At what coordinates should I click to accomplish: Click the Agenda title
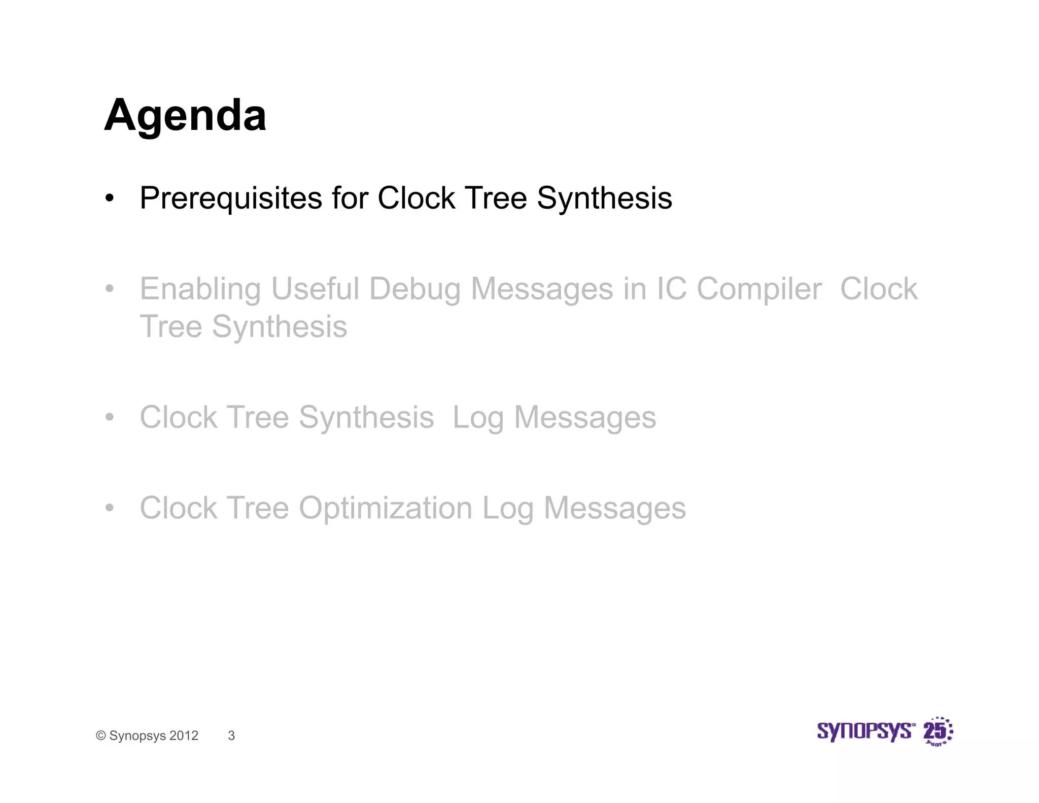[x=185, y=116]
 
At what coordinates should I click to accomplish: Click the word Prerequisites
[x=231, y=198]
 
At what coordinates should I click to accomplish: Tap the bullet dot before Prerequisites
[x=110, y=198]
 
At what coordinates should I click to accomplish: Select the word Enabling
[x=200, y=289]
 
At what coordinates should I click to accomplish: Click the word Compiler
[x=758, y=289]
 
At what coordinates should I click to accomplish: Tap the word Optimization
[x=385, y=508]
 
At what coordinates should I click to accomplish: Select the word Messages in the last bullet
[x=614, y=508]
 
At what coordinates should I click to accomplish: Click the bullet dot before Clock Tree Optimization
[x=110, y=508]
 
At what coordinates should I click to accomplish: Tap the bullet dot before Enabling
[x=110, y=289]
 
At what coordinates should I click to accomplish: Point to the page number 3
[x=231, y=735]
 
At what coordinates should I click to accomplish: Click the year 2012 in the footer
[x=184, y=735]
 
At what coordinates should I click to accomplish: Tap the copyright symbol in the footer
[x=101, y=736]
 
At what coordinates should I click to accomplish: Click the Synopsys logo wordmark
[x=865, y=731]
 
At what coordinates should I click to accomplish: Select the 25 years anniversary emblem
[x=938, y=731]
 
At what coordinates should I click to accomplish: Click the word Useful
[x=316, y=289]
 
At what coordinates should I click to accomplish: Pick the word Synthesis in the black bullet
[x=604, y=198]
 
